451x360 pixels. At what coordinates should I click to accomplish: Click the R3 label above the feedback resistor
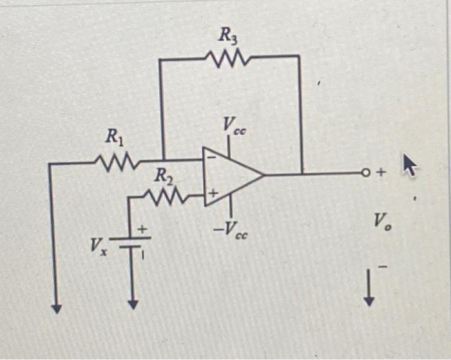pos(228,37)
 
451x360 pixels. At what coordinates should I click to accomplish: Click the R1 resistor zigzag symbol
pos(117,163)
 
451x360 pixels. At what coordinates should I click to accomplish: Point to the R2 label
pos(164,176)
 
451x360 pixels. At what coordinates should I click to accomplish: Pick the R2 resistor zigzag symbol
pos(166,196)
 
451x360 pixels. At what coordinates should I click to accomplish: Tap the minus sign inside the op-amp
pos(212,158)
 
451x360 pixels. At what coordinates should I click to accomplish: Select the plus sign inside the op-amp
pos(213,193)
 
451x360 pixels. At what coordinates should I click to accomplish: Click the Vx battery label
pos(99,246)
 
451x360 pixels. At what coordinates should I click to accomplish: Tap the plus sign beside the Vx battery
pos(142,229)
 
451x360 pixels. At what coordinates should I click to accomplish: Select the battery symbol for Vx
pos(130,242)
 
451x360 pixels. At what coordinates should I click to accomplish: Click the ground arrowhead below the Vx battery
pos(133,304)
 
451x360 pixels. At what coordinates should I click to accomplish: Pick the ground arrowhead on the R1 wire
pos(57,308)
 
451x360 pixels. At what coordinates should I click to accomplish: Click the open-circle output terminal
pos(365,173)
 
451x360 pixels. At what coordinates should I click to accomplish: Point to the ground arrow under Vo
pos(369,288)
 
